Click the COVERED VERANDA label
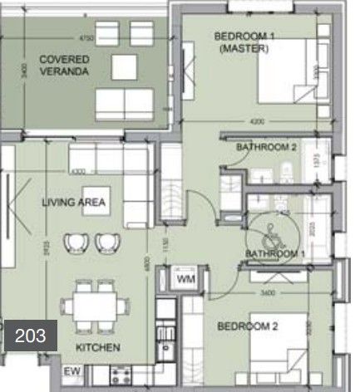click(x=64, y=65)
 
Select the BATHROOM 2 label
click(x=267, y=148)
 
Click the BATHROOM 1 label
click(x=274, y=253)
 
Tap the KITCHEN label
click(x=98, y=347)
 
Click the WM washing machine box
click(x=185, y=281)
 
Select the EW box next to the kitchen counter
click(x=72, y=370)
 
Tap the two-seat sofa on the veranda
click(x=124, y=103)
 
